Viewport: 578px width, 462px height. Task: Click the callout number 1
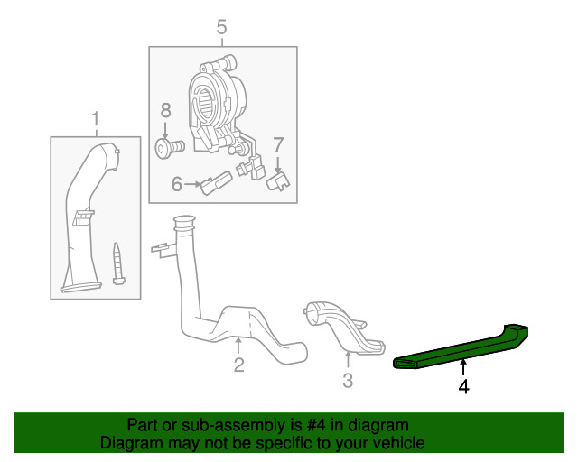[x=95, y=119]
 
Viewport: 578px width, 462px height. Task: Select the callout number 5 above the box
[x=221, y=29]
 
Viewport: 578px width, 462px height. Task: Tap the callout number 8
[x=165, y=111]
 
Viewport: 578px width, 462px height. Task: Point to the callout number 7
[x=278, y=143]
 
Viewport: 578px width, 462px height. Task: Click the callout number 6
[x=178, y=185]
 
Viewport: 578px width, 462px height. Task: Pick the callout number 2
[x=238, y=365]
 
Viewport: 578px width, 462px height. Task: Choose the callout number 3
[x=348, y=382]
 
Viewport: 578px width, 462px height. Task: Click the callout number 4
[x=463, y=387]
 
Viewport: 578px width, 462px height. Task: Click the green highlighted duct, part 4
[x=461, y=347]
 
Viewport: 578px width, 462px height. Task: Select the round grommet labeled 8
[x=167, y=146]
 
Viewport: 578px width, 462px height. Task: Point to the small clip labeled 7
[x=279, y=180]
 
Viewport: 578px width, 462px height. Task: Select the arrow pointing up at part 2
[x=238, y=345]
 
